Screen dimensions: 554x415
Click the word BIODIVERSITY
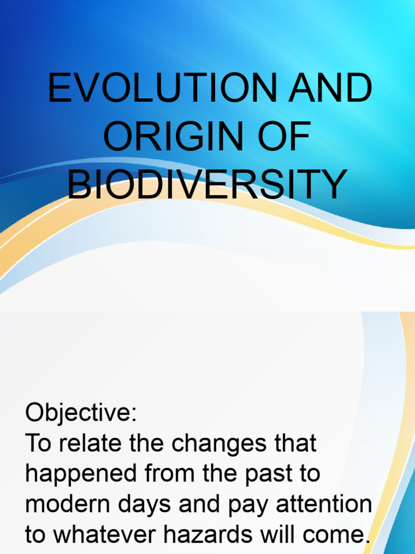coord(207,184)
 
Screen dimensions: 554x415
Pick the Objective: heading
coord(82,414)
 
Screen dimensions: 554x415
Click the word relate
coord(86,444)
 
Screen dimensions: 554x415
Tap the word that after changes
coord(294,444)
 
